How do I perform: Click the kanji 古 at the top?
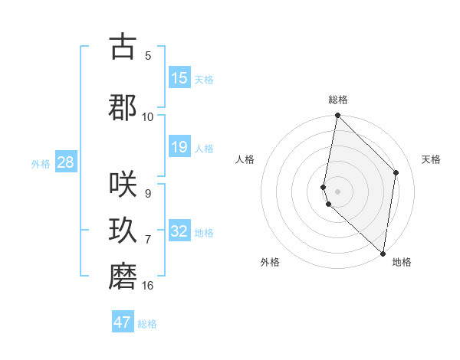click(x=123, y=47)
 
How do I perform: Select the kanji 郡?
click(x=123, y=108)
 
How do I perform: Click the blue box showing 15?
click(x=179, y=78)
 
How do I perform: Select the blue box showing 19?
click(x=179, y=147)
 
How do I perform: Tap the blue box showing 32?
click(x=179, y=231)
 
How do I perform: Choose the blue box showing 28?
click(x=65, y=162)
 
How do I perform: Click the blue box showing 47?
click(x=123, y=322)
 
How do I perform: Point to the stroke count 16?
click(x=148, y=286)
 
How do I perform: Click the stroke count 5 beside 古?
click(x=148, y=55)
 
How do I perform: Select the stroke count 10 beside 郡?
click(x=148, y=116)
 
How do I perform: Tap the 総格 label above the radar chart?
click(x=338, y=100)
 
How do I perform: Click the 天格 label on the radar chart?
click(x=432, y=159)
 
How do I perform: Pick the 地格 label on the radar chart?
click(x=402, y=262)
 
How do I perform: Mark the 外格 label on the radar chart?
click(x=270, y=262)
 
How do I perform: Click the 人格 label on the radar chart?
click(x=245, y=159)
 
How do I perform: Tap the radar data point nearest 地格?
click(x=383, y=253)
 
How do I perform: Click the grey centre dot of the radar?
click(x=338, y=191)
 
